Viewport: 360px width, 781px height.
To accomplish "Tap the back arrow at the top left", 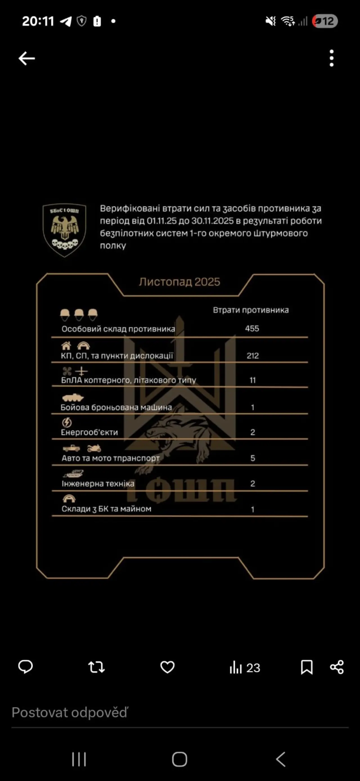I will click(27, 58).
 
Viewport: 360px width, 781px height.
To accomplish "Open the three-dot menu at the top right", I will click(332, 58).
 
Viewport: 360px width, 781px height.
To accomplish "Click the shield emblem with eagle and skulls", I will click(64, 230).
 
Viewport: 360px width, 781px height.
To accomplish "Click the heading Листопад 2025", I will click(179, 282).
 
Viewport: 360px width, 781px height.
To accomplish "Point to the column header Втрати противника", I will click(251, 310).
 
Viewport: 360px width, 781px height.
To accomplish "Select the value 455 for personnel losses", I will click(252, 329).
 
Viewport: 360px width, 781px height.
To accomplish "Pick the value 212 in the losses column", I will click(253, 356).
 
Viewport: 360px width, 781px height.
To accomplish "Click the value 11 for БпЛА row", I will click(253, 380).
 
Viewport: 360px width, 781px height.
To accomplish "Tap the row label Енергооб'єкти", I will click(89, 432).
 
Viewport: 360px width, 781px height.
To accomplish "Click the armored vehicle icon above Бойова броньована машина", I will click(73, 397).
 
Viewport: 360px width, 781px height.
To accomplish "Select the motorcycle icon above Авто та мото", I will click(94, 448).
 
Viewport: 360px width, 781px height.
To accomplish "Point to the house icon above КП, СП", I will click(66, 346).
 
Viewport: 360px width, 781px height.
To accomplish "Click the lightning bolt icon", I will click(67, 422).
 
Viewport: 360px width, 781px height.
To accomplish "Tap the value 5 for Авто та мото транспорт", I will click(253, 458).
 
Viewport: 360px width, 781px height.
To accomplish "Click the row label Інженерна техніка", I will click(98, 484).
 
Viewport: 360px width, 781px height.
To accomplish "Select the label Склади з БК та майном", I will click(106, 509).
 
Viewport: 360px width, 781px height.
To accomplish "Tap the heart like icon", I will click(167, 667).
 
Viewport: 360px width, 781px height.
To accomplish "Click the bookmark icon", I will click(307, 667).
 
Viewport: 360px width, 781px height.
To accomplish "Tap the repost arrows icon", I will click(96, 667).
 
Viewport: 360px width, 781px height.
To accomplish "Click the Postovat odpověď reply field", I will click(70, 713).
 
